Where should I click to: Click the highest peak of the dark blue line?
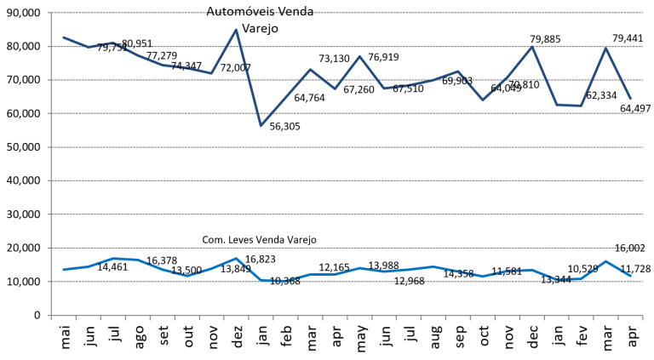pyautogui.click(x=236, y=30)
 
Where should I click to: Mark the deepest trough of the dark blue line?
pyautogui.click(x=261, y=126)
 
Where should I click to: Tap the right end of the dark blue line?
pyautogui.click(x=630, y=99)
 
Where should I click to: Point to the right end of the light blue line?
pyautogui.click(x=630, y=276)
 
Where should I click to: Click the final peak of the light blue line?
pyautogui.click(x=605, y=261)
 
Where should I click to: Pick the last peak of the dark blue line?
pyautogui.click(x=605, y=47)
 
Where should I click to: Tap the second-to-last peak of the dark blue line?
pyautogui.click(x=532, y=46)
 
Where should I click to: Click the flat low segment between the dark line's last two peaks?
pyautogui.click(x=569, y=105)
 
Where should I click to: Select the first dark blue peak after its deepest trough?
pyautogui.click(x=310, y=69)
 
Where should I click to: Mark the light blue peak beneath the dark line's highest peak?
pyautogui.click(x=236, y=258)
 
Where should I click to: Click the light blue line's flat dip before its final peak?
pyautogui.click(x=569, y=279)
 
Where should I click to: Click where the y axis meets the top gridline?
pyautogui.click(x=51, y=13)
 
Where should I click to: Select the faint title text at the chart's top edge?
pyautogui.click(x=261, y=12)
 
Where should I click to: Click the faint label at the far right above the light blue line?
pyautogui.click(x=628, y=248)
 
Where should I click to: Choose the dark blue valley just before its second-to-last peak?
pyautogui.click(x=483, y=100)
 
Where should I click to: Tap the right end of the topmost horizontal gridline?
pyautogui.click(x=642, y=13)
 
